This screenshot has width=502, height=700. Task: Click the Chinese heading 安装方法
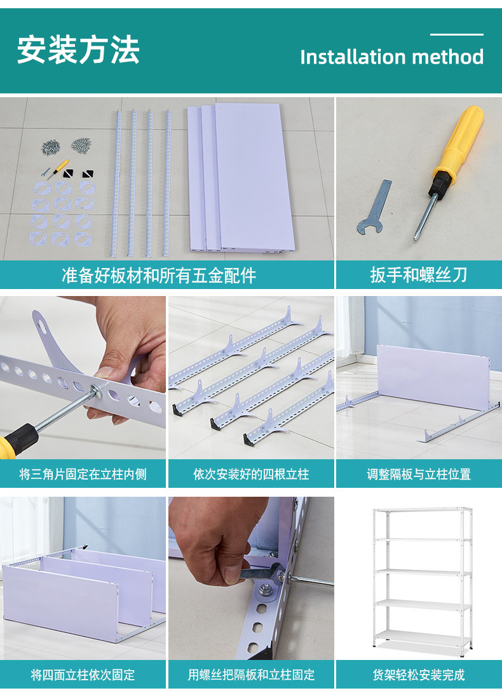(x=78, y=50)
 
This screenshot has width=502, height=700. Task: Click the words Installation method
(x=391, y=57)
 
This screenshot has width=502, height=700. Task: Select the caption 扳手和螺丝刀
(x=419, y=275)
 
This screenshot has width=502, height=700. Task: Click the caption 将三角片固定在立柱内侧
(x=83, y=474)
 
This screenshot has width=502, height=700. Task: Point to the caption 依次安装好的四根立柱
(x=251, y=474)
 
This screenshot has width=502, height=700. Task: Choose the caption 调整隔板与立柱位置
(x=419, y=474)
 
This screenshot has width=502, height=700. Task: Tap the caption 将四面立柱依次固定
(x=83, y=674)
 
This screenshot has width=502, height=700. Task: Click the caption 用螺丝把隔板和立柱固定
(x=251, y=674)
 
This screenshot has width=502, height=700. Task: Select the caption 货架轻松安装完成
(x=419, y=674)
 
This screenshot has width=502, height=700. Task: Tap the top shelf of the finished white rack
(x=421, y=509)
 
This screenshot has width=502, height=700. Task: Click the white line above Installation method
(x=456, y=34)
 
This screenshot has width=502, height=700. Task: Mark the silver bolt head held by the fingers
(x=98, y=389)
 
